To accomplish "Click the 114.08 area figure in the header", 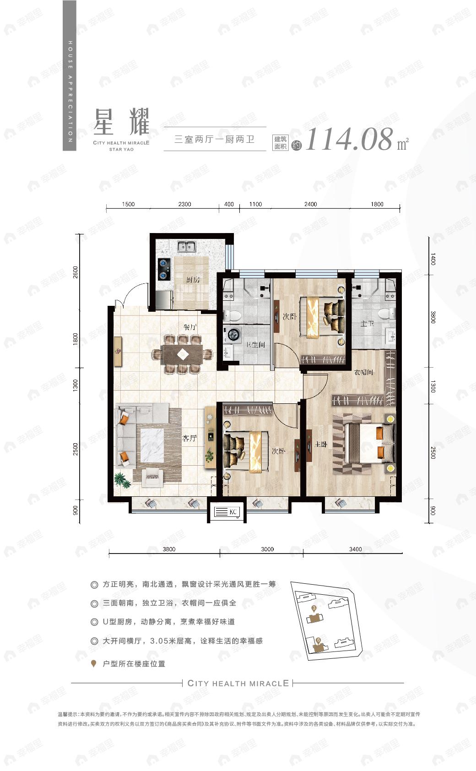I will pos(349,140).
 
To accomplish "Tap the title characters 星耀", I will pos(121,122).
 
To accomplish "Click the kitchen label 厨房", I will pos(192,280).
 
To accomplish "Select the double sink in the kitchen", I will pos(187,247).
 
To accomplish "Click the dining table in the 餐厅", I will pos(182,354).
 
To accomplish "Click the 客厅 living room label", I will pos(189,438).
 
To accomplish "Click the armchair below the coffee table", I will pos(153,478).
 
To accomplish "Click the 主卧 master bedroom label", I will pos(321,444).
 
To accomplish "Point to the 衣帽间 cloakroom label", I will pos(364,372).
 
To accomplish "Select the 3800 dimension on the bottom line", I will pos(168,549).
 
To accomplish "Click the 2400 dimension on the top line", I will pos(310,204).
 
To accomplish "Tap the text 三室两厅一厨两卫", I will pos(214,140).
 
